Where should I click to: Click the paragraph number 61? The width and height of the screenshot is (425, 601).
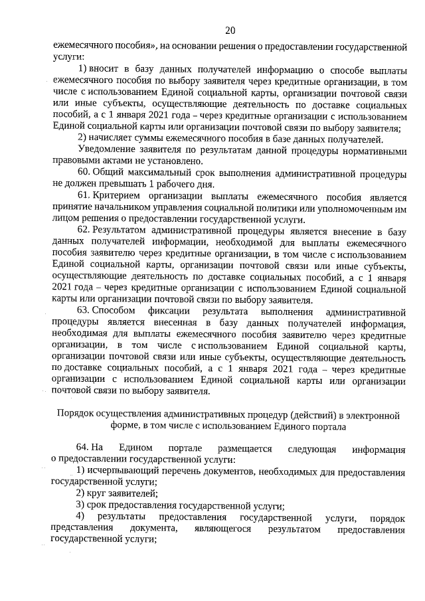click(84, 197)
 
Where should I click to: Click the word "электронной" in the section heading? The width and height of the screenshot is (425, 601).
click(371, 414)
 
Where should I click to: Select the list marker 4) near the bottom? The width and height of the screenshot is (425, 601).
click(80, 517)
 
